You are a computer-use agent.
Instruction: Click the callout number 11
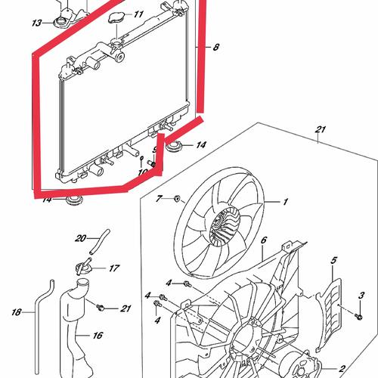(x=138, y=14)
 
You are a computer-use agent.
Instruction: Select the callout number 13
(x=36, y=23)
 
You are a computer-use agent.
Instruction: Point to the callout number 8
(x=216, y=47)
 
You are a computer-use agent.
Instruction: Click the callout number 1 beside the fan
(x=285, y=202)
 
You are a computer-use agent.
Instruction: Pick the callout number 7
(x=159, y=199)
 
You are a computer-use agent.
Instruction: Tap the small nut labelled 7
(x=177, y=199)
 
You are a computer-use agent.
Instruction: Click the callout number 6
(x=264, y=240)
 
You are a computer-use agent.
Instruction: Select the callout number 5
(x=333, y=260)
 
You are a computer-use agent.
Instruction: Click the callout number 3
(x=361, y=295)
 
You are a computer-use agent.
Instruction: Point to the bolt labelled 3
(x=358, y=316)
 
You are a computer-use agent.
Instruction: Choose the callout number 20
(x=81, y=238)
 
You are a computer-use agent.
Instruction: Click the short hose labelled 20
(x=100, y=242)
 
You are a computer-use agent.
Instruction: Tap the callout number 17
(x=114, y=268)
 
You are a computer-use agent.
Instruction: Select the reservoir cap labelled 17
(x=82, y=268)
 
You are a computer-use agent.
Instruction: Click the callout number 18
(x=17, y=312)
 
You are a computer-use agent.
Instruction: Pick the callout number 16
(x=98, y=336)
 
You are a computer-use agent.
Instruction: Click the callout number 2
(x=342, y=369)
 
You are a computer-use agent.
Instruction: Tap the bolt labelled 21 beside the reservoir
(x=100, y=308)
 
